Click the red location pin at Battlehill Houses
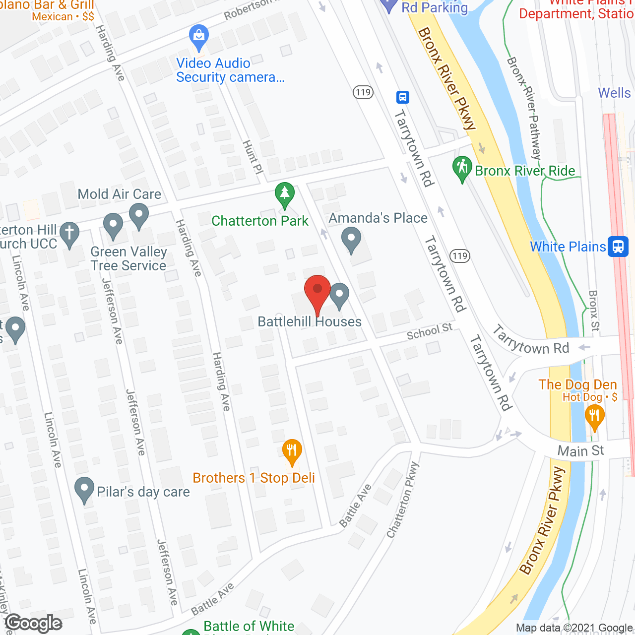point(317,290)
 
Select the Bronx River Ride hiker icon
point(462,168)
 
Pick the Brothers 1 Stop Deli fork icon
point(292,451)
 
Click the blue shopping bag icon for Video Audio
point(199,37)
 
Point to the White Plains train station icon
point(618,247)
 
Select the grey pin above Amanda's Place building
point(351,239)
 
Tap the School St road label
point(430,331)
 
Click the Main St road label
point(580,451)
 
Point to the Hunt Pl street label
point(252,157)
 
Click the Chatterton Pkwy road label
point(403,500)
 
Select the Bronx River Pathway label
point(525,108)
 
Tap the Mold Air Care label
point(120,194)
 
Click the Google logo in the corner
point(34,623)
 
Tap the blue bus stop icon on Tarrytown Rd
point(403,97)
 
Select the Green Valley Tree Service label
point(128,258)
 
